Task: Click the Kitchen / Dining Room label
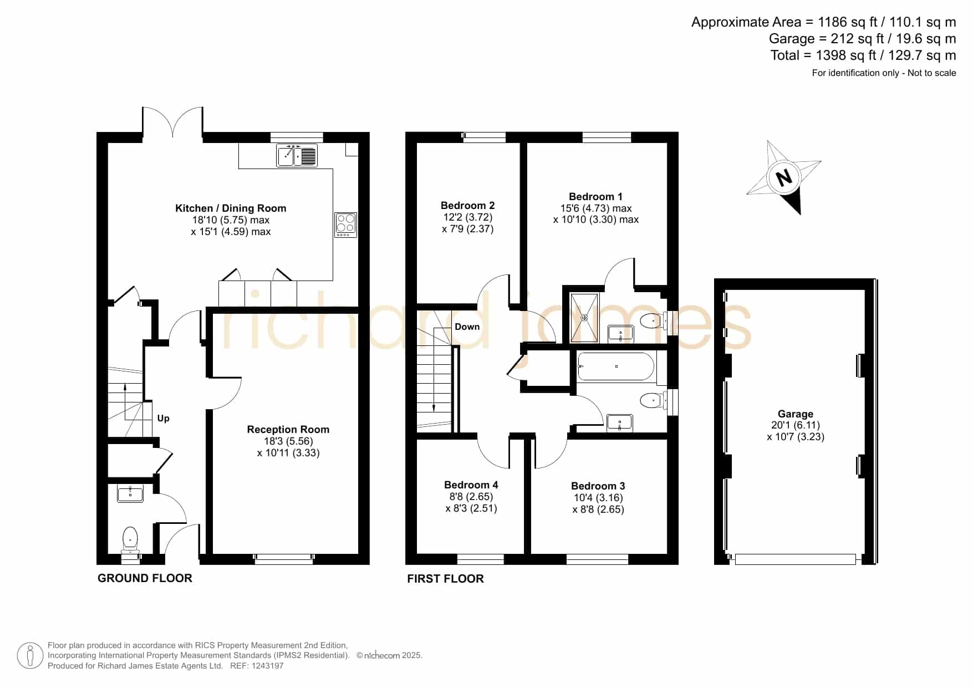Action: click(x=231, y=208)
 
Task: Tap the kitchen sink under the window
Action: click(x=297, y=155)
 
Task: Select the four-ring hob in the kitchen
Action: click(x=345, y=225)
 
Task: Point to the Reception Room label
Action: click(x=288, y=429)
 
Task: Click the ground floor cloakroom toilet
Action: click(x=130, y=539)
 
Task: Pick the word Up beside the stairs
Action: click(x=163, y=419)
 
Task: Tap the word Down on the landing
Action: click(x=467, y=327)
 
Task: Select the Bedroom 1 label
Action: click(x=595, y=197)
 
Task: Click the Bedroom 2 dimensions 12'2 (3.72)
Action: click(x=468, y=217)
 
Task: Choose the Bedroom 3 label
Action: click(x=598, y=486)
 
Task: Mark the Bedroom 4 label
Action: click(x=471, y=485)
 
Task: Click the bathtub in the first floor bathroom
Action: click(x=616, y=366)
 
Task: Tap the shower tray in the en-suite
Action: click(x=585, y=318)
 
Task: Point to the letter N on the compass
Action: click(x=784, y=178)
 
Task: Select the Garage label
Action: click(x=796, y=414)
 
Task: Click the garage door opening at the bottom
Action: click(x=796, y=559)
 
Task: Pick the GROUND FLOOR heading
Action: click(x=145, y=578)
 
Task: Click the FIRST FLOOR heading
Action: click(x=446, y=579)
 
